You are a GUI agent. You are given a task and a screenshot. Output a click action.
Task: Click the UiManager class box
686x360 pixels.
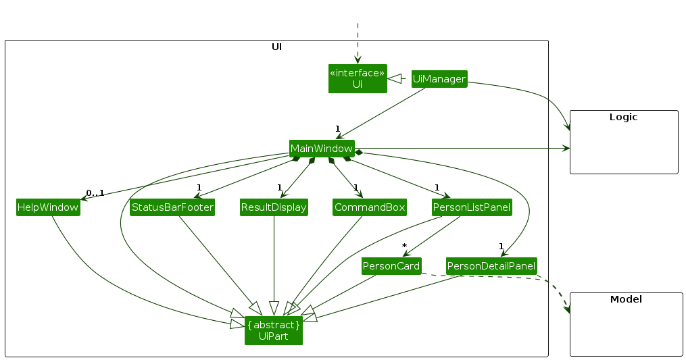tap(439, 79)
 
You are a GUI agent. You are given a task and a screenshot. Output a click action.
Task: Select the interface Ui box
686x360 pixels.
tap(358, 78)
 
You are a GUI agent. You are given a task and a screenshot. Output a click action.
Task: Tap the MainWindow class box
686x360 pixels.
tap(322, 148)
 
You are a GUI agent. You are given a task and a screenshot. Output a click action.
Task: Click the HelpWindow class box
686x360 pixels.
tap(47, 207)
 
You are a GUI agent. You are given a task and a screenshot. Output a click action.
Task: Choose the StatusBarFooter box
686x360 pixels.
tap(172, 207)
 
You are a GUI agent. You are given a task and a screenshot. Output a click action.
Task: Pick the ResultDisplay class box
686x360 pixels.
tap(274, 207)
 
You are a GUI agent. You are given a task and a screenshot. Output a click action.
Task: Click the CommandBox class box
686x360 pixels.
tap(369, 207)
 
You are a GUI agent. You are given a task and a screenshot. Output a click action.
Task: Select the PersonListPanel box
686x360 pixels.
tap(472, 207)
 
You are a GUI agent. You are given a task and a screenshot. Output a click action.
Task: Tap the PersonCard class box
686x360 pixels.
tap(392, 266)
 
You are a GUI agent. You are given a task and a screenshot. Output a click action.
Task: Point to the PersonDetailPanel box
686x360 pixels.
tap(491, 266)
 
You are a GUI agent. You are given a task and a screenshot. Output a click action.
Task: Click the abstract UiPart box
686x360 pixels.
tap(274, 330)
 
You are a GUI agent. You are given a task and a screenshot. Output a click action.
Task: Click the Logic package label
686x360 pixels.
tap(623, 117)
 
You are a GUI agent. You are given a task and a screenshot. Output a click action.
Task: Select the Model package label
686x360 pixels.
tap(626, 299)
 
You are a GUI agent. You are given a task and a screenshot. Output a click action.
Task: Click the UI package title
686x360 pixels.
tap(276, 47)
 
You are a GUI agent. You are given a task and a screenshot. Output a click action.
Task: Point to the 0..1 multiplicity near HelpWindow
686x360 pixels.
tap(95, 193)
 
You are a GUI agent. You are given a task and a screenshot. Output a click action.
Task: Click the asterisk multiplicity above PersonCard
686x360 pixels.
tap(403, 246)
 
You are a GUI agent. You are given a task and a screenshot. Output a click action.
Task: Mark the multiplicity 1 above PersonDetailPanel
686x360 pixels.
tap(501, 246)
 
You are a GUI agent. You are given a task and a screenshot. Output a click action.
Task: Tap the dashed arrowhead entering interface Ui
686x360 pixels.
tap(358, 60)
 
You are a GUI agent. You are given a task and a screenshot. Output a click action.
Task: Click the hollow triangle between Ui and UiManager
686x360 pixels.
tap(393, 79)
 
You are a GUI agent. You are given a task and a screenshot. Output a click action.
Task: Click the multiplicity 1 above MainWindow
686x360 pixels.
tap(337, 128)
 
